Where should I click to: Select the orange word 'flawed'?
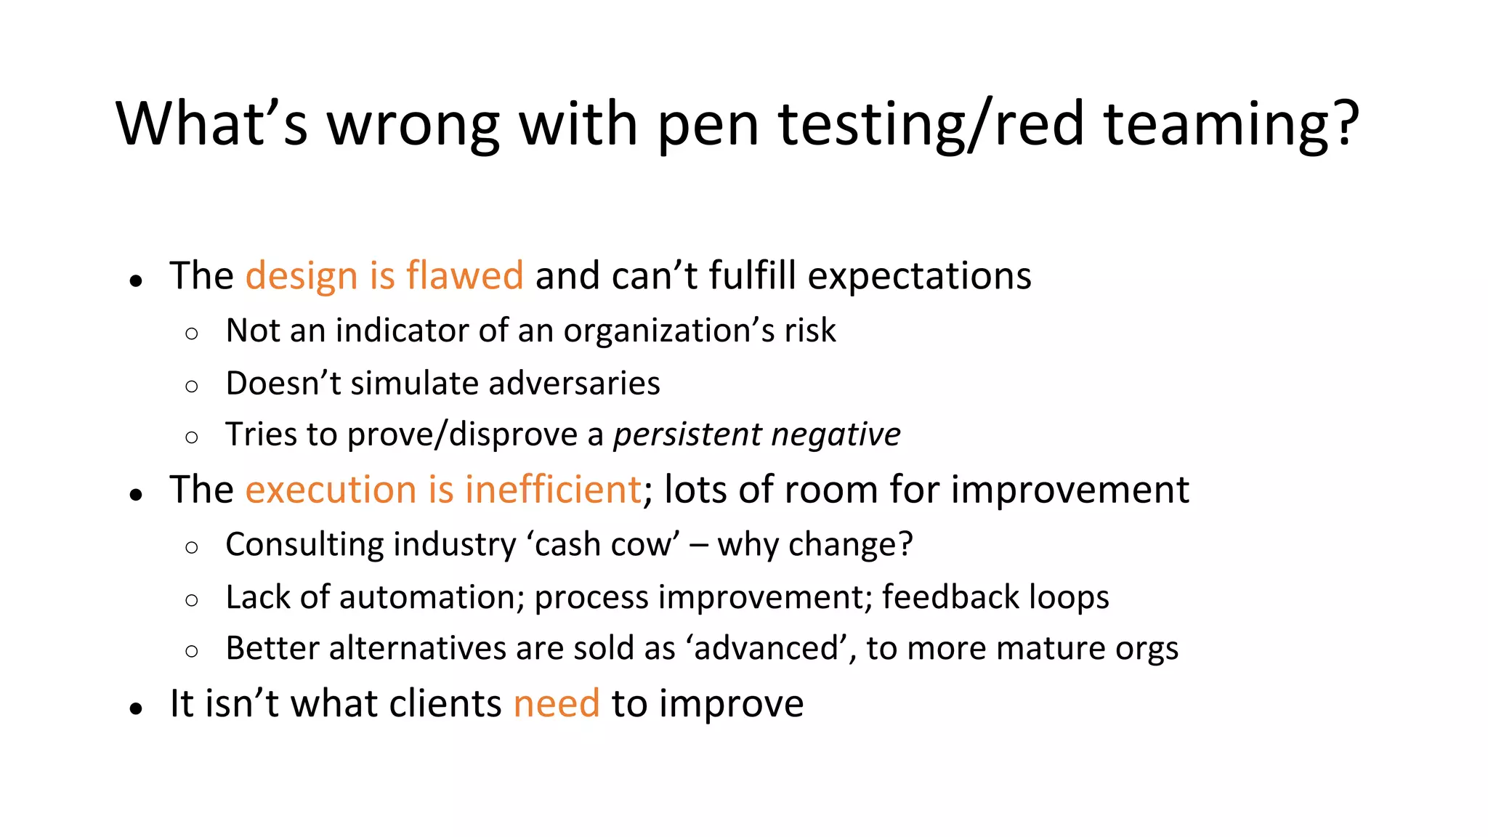pyautogui.click(x=464, y=275)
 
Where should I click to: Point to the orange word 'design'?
pyautogui.click(x=302, y=277)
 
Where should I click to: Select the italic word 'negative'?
pyautogui.click(x=836, y=434)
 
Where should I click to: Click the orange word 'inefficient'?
pyautogui.click(x=553, y=490)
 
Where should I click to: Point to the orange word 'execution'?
pyautogui.click(x=330, y=490)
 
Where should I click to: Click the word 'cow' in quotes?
pyautogui.click(x=639, y=545)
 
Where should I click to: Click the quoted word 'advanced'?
pyautogui.click(x=766, y=648)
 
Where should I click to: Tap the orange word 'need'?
pyautogui.click(x=557, y=703)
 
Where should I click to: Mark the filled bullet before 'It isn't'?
pyautogui.click(x=136, y=708)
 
